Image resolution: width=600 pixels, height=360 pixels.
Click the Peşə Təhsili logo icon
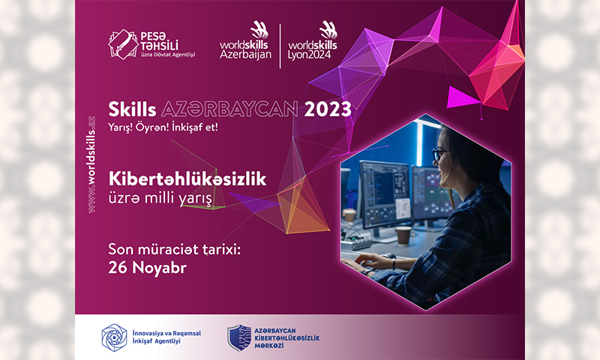[x=123, y=44]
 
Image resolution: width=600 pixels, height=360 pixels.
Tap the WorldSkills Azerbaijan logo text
[x=245, y=49]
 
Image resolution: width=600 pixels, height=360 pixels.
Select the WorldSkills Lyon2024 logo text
[x=312, y=49]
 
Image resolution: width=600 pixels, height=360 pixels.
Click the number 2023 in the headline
[x=328, y=109]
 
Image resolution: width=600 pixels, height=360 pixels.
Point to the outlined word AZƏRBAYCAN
[x=229, y=109]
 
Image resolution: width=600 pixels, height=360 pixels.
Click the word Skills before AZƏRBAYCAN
[x=132, y=109]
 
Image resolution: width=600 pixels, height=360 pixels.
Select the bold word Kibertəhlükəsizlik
[x=187, y=178]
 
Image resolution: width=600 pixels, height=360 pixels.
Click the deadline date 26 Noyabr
[x=147, y=268]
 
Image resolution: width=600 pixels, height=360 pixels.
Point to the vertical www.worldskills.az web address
[x=91, y=164]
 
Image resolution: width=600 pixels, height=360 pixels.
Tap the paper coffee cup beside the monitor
[x=403, y=235]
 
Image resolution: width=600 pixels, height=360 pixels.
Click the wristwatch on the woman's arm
[x=393, y=263]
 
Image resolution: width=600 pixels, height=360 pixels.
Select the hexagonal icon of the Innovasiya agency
[x=114, y=337]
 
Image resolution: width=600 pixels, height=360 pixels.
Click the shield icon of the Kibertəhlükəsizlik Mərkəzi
[x=239, y=337]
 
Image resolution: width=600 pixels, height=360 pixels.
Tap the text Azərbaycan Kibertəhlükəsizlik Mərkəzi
[x=287, y=338]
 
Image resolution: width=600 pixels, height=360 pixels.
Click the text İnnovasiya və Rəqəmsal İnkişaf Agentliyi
[x=166, y=337]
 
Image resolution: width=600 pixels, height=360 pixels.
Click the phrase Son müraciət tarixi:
[x=175, y=250]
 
